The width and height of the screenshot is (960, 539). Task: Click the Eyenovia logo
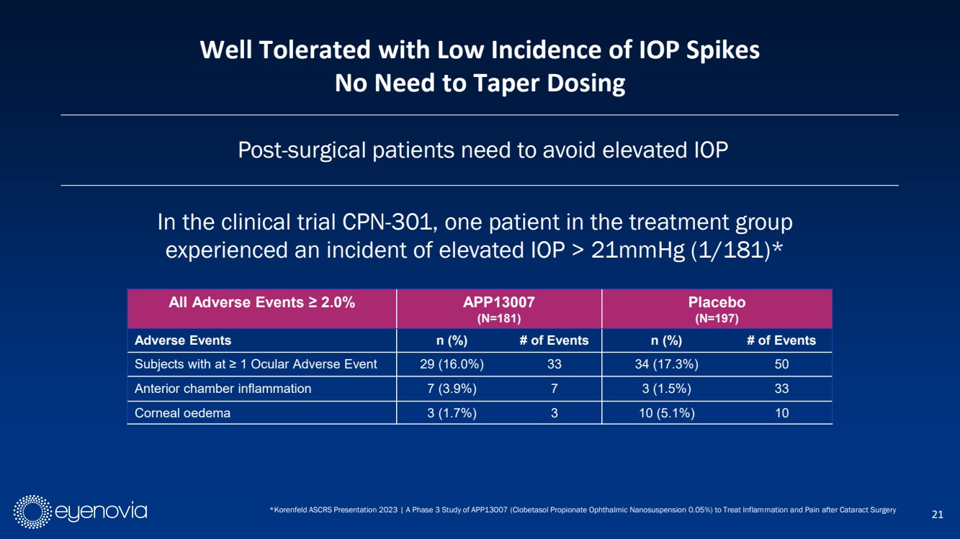click(x=81, y=512)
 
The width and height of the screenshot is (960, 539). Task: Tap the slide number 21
click(x=937, y=514)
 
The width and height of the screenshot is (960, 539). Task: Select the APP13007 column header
click(x=499, y=309)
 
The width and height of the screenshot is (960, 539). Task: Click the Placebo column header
click(x=717, y=309)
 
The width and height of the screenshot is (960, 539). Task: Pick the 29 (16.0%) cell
click(x=452, y=364)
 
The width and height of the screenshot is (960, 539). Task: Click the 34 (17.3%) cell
click(x=663, y=364)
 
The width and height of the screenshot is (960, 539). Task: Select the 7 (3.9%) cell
click(x=452, y=389)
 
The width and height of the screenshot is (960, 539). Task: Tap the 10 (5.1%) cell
click(x=663, y=413)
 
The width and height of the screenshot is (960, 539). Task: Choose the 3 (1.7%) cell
click(x=452, y=413)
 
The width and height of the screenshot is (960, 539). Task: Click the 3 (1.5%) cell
click(x=663, y=389)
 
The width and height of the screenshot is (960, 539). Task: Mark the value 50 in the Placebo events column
click(x=781, y=364)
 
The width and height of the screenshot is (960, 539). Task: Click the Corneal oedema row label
click(x=182, y=413)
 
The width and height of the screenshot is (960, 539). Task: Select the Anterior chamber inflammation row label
click(x=223, y=389)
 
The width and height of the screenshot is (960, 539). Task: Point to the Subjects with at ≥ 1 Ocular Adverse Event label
click(x=256, y=364)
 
